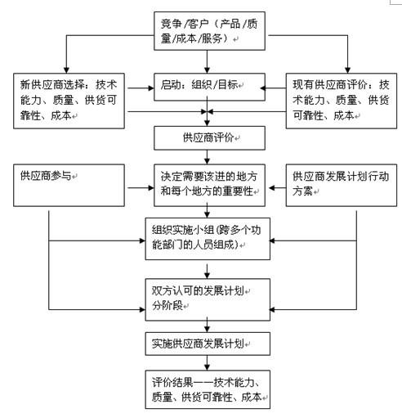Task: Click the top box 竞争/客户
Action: tap(209, 31)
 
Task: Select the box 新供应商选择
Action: tap(69, 101)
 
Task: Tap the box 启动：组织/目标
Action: tap(209, 87)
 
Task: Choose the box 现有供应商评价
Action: tap(342, 101)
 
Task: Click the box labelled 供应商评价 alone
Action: tap(209, 138)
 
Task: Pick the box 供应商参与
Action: tap(69, 185)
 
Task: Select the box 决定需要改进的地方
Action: tap(209, 185)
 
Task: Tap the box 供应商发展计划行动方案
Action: tap(342, 185)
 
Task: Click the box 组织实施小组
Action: tap(208, 239)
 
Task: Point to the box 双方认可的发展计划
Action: tap(208, 299)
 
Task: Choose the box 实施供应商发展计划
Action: tap(208, 344)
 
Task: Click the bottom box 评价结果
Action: tap(208, 389)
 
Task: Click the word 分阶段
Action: tap(167, 306)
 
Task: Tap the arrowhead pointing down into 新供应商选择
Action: tap(66, 70)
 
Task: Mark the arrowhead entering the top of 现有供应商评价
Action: tap(347, 70)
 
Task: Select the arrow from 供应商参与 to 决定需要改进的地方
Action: tap(141, 187)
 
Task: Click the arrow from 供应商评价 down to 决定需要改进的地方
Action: tap(207, 157)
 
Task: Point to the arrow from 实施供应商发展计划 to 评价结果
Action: tap(207, 362)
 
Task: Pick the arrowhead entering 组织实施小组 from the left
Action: tap(142, 240)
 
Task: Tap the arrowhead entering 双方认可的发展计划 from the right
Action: tap(273, 309)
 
